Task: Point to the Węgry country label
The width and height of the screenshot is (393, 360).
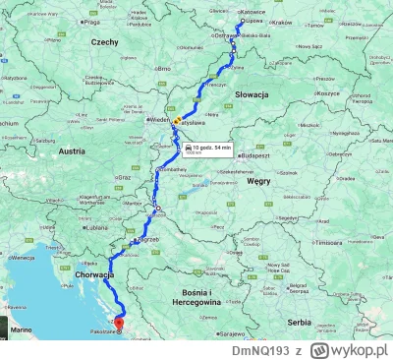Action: pos(257,182)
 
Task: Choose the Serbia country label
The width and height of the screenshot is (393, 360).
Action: pos(298,322)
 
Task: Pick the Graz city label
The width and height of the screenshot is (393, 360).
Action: pos(123,177)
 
